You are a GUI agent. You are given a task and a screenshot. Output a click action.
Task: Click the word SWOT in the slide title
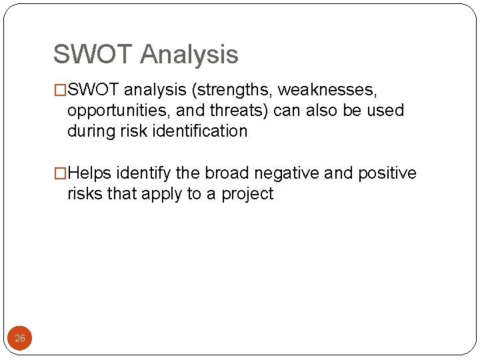[x=93, y=55]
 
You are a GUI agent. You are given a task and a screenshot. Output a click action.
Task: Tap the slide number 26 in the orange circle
[x=20, y=339]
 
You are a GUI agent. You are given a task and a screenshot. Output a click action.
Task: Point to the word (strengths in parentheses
[x=231, y=89]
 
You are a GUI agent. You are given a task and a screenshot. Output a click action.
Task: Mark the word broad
[x=227, y=173]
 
